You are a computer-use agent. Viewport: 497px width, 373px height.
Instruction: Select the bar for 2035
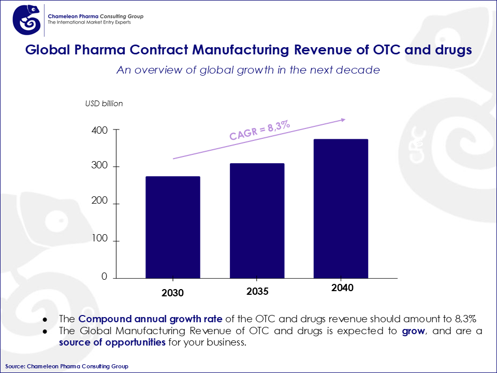tap(257, 221)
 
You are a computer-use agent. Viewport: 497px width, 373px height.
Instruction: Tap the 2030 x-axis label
tap(172, 293)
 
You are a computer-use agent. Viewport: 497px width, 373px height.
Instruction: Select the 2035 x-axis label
tap(257, 291)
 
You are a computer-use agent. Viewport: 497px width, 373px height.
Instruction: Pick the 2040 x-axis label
tap(342, 288)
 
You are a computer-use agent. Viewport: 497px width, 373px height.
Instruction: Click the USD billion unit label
tap(104, 104)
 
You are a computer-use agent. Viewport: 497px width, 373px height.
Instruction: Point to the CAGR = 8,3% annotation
tap(259, 131)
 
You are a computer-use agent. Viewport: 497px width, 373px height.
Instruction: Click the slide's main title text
tap(248, 50)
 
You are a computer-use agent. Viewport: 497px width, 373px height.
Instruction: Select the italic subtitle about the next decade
tap(248, 70)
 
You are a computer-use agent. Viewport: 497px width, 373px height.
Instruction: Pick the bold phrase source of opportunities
tap(112, 342)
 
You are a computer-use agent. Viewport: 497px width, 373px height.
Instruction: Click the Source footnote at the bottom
tap(67, 366)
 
